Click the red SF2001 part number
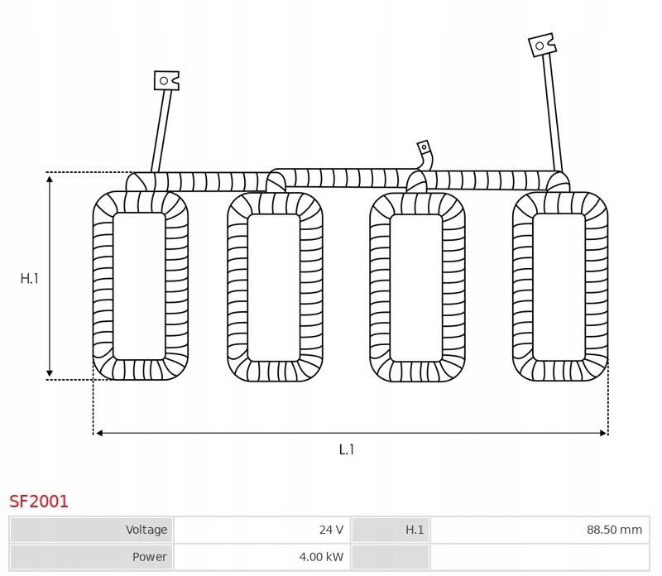click(39, 501)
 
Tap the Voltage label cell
click(91, 530)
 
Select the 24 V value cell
click(261, 530)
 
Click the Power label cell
click(91, 557)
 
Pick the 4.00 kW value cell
click(261, 557)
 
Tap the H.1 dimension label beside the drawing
click(30, 279)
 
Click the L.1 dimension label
click(347, 449)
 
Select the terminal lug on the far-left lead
click(165, 80)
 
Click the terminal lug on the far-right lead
click(542, 45)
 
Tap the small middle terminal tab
click(425, 149)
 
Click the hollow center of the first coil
click(139, 286)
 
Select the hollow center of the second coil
click(274, 287)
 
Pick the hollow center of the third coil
click(415, 287)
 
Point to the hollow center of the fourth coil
click(559, 287)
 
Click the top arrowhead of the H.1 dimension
click(50, 178)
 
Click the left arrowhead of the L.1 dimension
click(98, 433)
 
